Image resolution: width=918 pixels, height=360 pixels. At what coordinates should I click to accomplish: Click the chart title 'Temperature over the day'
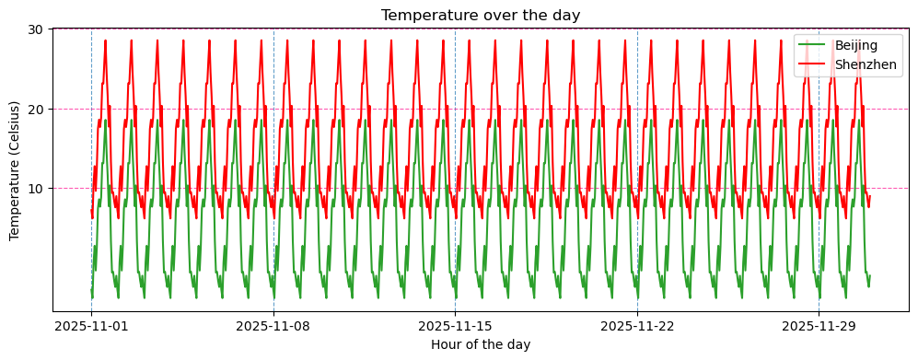[x=481, y=15]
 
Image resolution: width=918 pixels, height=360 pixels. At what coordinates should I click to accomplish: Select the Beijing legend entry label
[x=855, y=45]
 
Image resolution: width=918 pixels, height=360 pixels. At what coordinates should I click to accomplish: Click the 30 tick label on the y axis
[x=36, y=29]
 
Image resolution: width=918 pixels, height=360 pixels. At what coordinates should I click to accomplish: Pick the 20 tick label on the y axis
[x=36, y=109]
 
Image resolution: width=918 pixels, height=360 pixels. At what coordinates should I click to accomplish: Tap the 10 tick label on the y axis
[x=36, y=189]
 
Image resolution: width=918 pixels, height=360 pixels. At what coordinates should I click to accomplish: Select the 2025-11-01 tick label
[x=91, y=326]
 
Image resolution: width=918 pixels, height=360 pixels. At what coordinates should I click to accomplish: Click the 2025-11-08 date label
[x=273, y=326]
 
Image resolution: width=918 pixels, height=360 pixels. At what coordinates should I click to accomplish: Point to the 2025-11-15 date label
[x=455, y=326]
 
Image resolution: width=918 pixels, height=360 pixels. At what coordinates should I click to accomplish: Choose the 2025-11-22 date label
[x=637, y=326]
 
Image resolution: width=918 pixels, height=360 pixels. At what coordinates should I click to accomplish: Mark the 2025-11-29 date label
[x=819, y=326]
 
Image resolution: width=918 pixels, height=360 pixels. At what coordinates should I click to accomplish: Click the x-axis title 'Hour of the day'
[x=481, y=344]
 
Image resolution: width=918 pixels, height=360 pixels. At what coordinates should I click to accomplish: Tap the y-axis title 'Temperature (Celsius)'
[x=15, y=170]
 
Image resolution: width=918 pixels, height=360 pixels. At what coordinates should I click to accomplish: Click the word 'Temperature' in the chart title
[x=423, y=15]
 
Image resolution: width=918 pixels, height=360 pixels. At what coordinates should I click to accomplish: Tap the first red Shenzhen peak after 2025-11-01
[x=106, y=41]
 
